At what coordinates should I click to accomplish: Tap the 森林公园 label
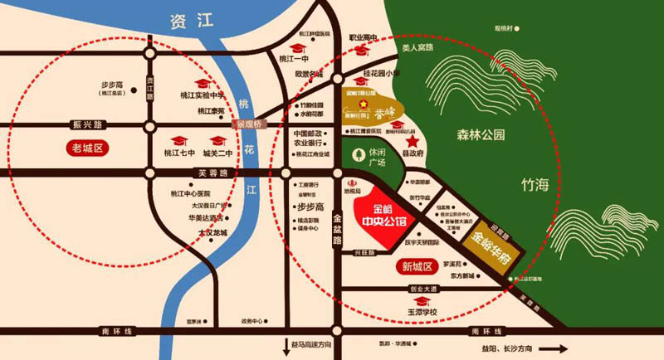(x=481, y=134)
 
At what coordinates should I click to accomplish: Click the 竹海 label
(x=535, y=182)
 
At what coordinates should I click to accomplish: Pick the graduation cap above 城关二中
(x=218, y=140)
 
